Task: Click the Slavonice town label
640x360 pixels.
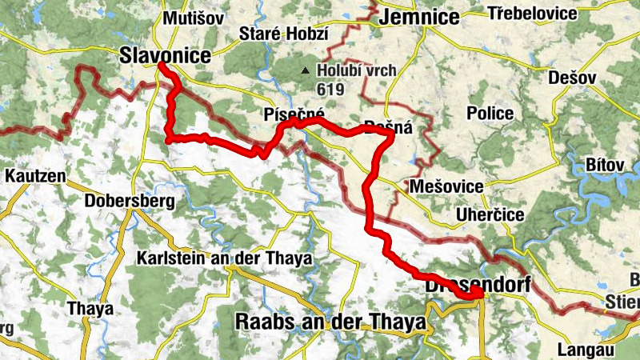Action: (165, 55)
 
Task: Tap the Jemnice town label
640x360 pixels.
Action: (421, 16)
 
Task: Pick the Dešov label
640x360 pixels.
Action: (573, 78)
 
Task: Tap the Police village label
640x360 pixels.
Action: (490, 114)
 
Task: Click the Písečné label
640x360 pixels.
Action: (294, 115)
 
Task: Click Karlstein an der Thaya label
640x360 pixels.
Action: (224, 258)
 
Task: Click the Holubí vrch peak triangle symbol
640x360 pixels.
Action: (305, 70)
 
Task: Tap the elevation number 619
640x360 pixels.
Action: (330, 89)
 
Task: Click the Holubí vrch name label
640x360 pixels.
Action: (356, 70)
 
